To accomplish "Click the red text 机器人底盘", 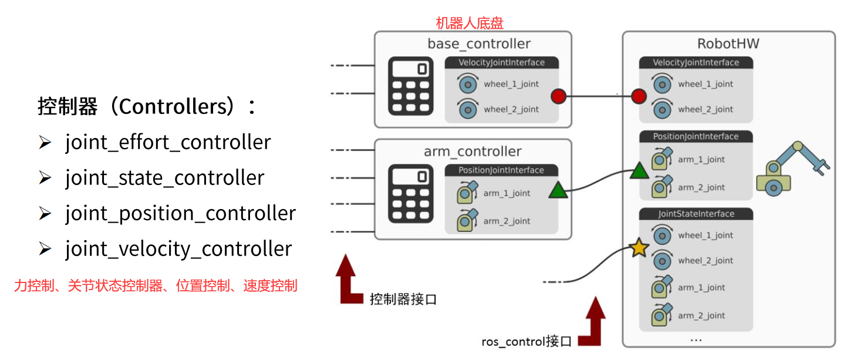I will coord(469,23).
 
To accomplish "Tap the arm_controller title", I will coord(473,152).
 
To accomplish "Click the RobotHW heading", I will coord(728,44).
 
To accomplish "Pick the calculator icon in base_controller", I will coord(411,86).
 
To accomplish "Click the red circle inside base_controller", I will coord(558,96).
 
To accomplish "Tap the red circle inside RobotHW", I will coord(639,96).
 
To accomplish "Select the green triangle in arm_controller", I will coord(558,190).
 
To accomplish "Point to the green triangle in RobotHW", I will coord(639,171).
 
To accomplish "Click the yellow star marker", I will coord(639,249).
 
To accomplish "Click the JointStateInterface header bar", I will coord(696,214).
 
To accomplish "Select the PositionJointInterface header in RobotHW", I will coord(696,136).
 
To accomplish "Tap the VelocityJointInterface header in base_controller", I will coord(501,62).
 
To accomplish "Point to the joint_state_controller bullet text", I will coord(164,178).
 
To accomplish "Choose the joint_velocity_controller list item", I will coord(178,249).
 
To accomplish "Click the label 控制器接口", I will coord(403,299).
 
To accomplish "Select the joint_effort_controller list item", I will coord(168,143).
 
